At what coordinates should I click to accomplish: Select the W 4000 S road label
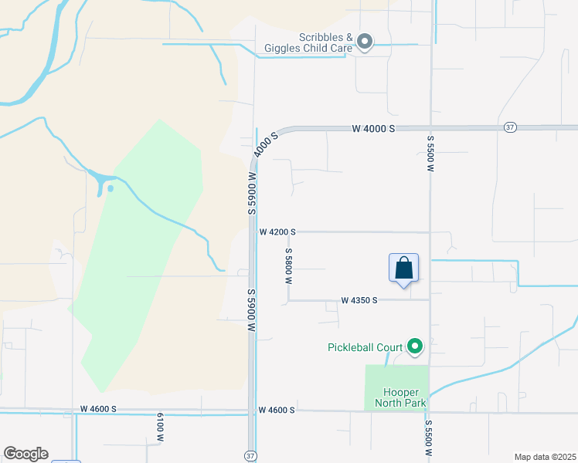pos(373,128)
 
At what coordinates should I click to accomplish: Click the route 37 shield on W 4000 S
pos(509,128)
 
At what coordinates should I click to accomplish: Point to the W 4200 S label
pos(277,231)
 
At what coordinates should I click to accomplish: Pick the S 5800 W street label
pos(288,266)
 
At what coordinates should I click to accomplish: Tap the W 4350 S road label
pos(359,300)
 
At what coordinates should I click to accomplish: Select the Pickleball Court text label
pos(365,346)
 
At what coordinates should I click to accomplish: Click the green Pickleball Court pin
pos(415,346)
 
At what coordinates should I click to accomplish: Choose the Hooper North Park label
pos(400,397)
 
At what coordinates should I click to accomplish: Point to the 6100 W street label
pos(161,427)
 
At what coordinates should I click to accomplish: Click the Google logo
pos(25,454)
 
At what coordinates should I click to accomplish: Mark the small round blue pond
pos(110,188)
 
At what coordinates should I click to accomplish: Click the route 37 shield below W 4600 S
pos(250,455)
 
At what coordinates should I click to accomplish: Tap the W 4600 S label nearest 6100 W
pos(98,409)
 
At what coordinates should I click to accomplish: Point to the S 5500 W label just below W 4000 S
pos(430,152)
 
